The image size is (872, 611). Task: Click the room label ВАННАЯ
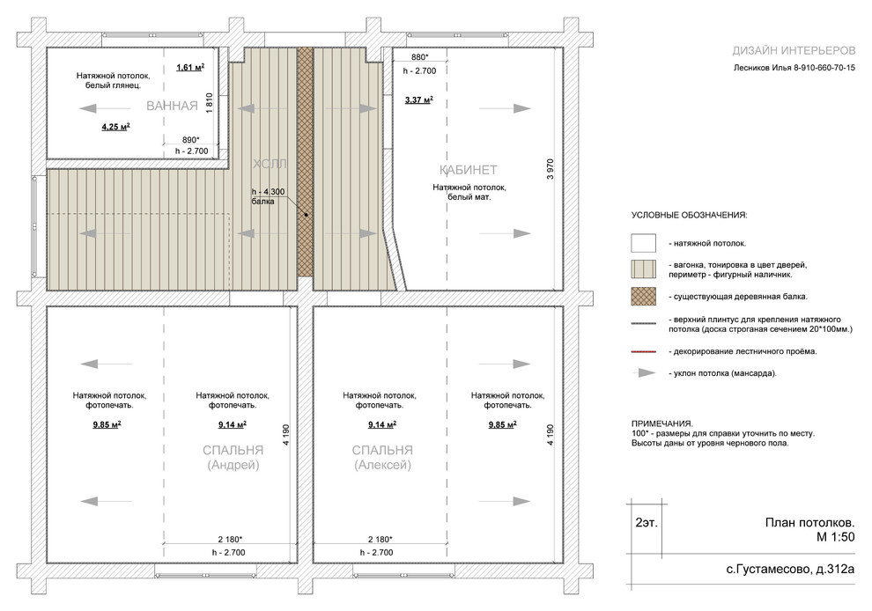click(x=172, y=106)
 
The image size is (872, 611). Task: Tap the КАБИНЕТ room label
click(x=469, y=170)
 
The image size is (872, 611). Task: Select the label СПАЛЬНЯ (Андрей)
click(x=233, y=458)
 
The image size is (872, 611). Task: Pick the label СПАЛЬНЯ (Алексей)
click(x=382, y=458)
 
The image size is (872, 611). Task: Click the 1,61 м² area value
click(x=190, y=67)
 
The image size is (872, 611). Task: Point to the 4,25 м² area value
click(x=115, y=127)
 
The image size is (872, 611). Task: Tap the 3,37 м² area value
click(x=418, y=100)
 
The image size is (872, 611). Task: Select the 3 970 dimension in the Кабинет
click(x=550, y=169)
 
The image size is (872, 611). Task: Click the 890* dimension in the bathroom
click(x=191, y=140)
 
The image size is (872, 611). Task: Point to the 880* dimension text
click(x=420, y=57)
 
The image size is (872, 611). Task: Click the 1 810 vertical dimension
click(x=209, y=103)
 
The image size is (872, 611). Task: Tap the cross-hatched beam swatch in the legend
click(x=644, y=297)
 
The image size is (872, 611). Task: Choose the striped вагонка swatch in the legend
click(x=644, y=269)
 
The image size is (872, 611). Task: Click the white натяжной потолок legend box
click(x=644, y=243)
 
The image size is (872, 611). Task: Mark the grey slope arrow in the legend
click(x=644, y=373)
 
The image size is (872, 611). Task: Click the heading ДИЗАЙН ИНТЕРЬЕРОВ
click(x=794, y=50)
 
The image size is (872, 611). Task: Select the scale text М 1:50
click(x=835, y=536)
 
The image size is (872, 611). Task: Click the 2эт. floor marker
click(x=647, y=523)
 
